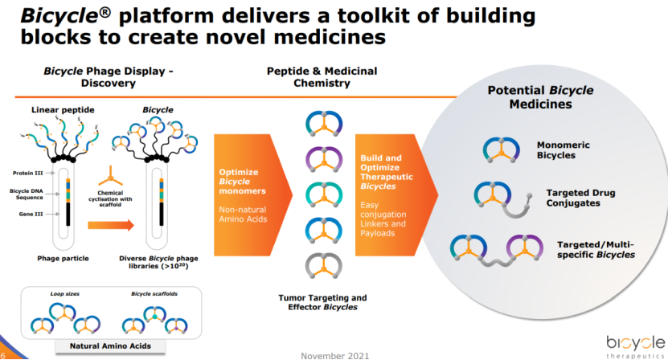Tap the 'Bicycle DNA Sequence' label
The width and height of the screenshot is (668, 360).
click(x=28, y=194)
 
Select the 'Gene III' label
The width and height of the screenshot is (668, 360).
click(x=27, y=214)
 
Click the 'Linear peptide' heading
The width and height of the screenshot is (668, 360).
click(x=58, y=108)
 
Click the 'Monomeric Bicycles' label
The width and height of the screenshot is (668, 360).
click(x=563, y=149)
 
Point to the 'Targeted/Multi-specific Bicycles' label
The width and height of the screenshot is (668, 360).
click(x=596, y=248)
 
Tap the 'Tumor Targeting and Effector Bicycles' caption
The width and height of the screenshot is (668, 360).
click(x=322, y=302)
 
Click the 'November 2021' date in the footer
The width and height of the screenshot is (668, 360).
click(x=334, y=355)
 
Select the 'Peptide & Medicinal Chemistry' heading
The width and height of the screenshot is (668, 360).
click(x=322, y=77)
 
